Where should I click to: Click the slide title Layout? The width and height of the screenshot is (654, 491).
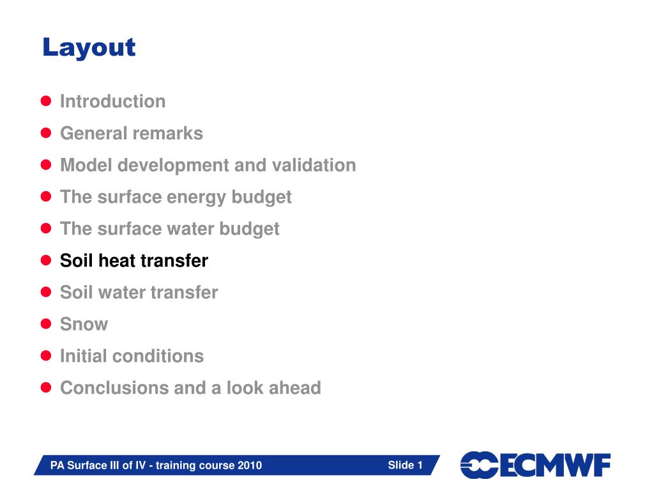pos(89,48)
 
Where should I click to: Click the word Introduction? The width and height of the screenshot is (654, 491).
pos(112,102)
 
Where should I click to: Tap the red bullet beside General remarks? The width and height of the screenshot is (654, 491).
pos(46,133)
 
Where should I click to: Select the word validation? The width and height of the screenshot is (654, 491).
pos(314,165)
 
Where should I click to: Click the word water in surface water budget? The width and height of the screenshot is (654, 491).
pos(190,229)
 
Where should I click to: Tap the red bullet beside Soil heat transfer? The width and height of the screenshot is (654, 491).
pos(46,261)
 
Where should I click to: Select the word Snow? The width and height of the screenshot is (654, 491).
pos(84,324)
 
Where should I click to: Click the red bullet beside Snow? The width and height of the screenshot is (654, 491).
pos(46,324)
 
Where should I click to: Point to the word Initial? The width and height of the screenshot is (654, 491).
pos(84,356)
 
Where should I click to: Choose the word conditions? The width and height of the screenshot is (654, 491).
pos(158,356)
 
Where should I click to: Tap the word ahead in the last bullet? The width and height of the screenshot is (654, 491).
pos(295,388)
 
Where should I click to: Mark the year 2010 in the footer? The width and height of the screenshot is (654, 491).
pos(250,465)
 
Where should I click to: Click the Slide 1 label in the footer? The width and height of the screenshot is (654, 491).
pos(405,465)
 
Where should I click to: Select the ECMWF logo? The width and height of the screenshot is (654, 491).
pos(535,465)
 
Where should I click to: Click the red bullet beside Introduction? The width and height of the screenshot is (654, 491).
pos(46,101)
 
